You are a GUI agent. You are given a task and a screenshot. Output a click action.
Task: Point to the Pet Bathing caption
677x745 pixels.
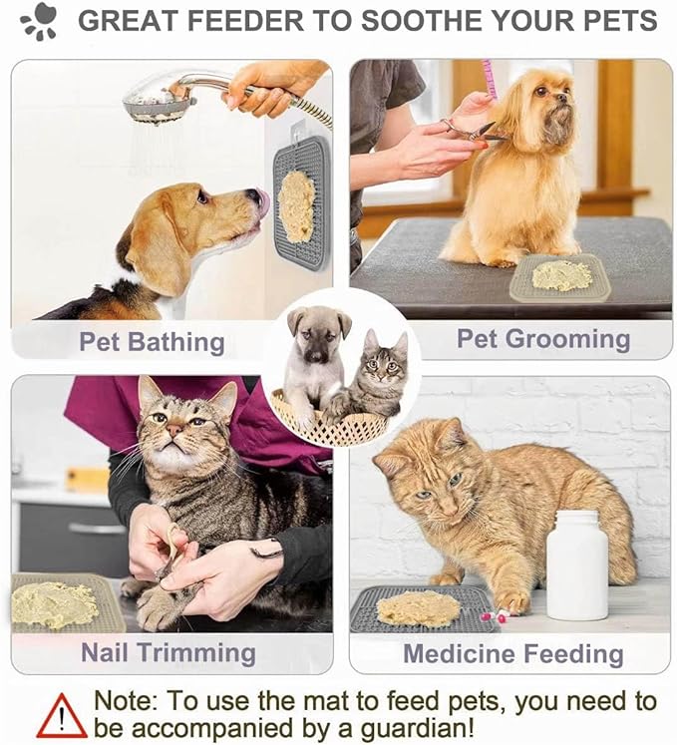click(x=152, y=342)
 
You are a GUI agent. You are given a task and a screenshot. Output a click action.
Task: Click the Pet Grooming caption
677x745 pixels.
click(x=543, y=339)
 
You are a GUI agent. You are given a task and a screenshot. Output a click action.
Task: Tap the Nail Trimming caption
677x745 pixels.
click(x=169, y=653)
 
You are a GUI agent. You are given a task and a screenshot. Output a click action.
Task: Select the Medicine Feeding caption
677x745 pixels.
click(x=512, y=654)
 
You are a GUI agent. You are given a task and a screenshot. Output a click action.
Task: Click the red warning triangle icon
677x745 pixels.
click(x=62, y=715)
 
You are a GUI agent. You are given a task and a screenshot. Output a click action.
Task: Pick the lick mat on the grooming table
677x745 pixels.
click(x=560, y=277)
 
